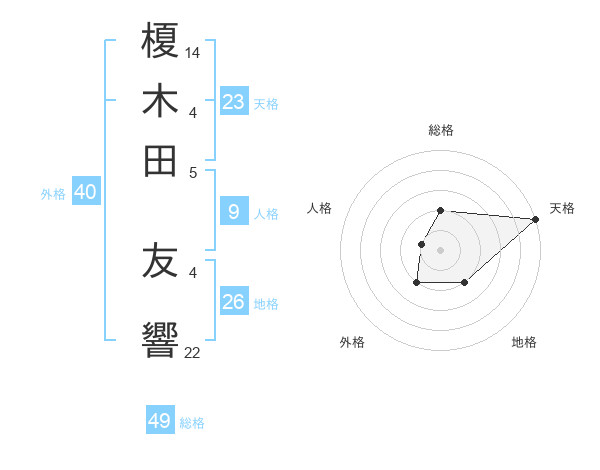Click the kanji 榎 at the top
coord(160,44)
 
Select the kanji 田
coord(160,160)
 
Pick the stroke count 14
coord(194,52)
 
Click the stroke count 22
coord(193,351)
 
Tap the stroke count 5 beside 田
coord(193,171)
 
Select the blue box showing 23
coord(234,101)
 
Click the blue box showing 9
coord(234,212)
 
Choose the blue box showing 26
coord(234,301)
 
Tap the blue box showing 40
coord(85,193)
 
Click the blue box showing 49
coord(160,421)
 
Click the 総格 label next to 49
coord(192,423)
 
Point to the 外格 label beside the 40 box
coord(53,194)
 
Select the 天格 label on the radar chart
coord(562,208)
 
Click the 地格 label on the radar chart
coord(524,342)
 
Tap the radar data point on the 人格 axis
coord(421,244)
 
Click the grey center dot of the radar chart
coord(440,250)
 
